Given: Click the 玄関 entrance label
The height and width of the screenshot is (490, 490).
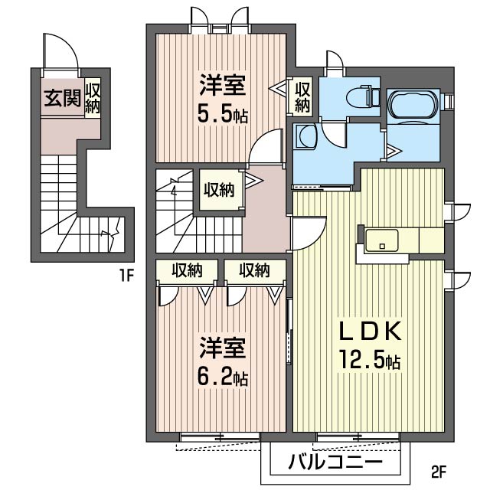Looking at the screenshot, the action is [x=63, y=98].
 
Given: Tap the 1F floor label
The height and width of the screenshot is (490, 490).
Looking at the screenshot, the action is [x=126, y=276].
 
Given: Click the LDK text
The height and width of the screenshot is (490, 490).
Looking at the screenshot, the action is [x=370, y=332].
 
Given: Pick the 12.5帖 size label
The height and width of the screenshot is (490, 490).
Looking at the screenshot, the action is [x=370, y=361].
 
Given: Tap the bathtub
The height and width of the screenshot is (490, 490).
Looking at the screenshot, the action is [x=413, y=104].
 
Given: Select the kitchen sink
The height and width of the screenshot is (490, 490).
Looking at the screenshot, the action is [x=382, y=240].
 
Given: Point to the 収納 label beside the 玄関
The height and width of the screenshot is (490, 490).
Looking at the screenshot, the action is [x=93, y=98].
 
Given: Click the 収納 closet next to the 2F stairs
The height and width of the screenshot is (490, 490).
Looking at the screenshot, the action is [x=219, y=190].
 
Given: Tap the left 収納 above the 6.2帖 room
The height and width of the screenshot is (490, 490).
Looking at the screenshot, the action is [x=187, y=270].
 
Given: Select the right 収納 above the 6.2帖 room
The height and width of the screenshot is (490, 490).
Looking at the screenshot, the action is [x=255, y=270].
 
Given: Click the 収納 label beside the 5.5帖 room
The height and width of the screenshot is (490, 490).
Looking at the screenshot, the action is [x=302, y=96].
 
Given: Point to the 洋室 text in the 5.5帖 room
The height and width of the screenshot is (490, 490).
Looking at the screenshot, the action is [x=223, y=85].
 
